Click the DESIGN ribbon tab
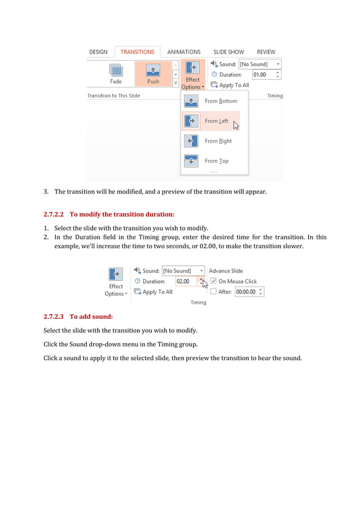pos(98,52)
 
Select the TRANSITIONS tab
pos(137,52)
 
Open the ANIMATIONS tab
pos(183,52)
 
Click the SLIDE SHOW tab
pos(229,52)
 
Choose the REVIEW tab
pos(266,52)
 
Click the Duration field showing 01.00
pos(262,74)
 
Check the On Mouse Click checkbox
pos(213,281)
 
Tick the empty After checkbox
pos(213,292)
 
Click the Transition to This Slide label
pos(113,96)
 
